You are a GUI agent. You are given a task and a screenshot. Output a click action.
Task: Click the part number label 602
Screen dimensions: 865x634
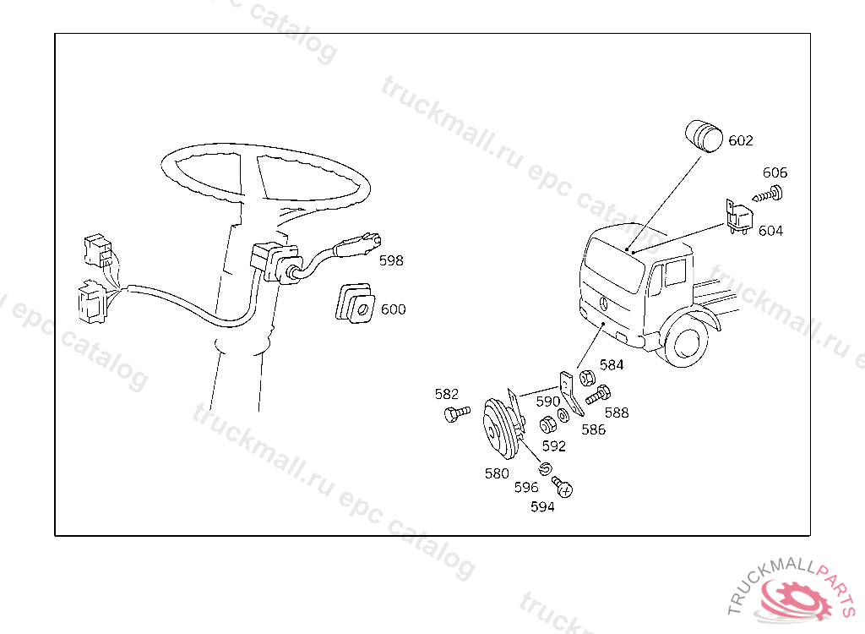pyautogui.click(x=740, y=141)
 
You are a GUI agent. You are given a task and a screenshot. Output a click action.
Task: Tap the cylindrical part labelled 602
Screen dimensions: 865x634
pyautogui.click(x=704, y=136)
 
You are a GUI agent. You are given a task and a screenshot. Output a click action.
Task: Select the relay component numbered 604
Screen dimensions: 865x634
pyautogui.click(x=739, y=216)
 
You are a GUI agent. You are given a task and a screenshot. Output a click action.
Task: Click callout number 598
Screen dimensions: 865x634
pyautogui.click(x=391, y=260)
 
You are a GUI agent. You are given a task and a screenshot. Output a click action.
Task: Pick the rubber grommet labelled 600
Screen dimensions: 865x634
pyautogui.click(x=356, y=303)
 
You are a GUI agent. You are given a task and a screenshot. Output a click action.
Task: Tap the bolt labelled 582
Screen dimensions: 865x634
pyautogui.click(x=457, y=413)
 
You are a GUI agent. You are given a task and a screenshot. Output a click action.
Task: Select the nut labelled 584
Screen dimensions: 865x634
pyautogui.click(x=587, y=379)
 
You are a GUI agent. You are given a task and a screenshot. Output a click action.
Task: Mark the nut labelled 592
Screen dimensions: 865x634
pyautogui.click(x=547, y=424)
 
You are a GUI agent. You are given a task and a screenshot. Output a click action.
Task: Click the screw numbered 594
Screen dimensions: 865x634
pyautogui.click(x=563, y=487)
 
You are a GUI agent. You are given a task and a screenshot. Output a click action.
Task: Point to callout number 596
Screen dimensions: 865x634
pyautogui.click(x=525, y=488)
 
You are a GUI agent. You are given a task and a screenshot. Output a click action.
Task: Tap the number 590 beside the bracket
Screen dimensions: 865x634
pyautogui.click(x=547, y=402)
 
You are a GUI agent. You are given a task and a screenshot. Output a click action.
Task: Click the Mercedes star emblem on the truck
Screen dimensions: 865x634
pyautogui.click(x=603, y=303)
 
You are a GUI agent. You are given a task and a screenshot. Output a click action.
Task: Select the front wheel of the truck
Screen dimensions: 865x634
pyautogui.click(x=686, y=340)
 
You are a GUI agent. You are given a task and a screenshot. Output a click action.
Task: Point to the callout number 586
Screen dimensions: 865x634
pyautogui.click(x=594, y=429)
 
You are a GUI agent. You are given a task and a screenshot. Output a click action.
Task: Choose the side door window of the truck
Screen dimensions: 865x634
pyautogui.click(x=675, y=273)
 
